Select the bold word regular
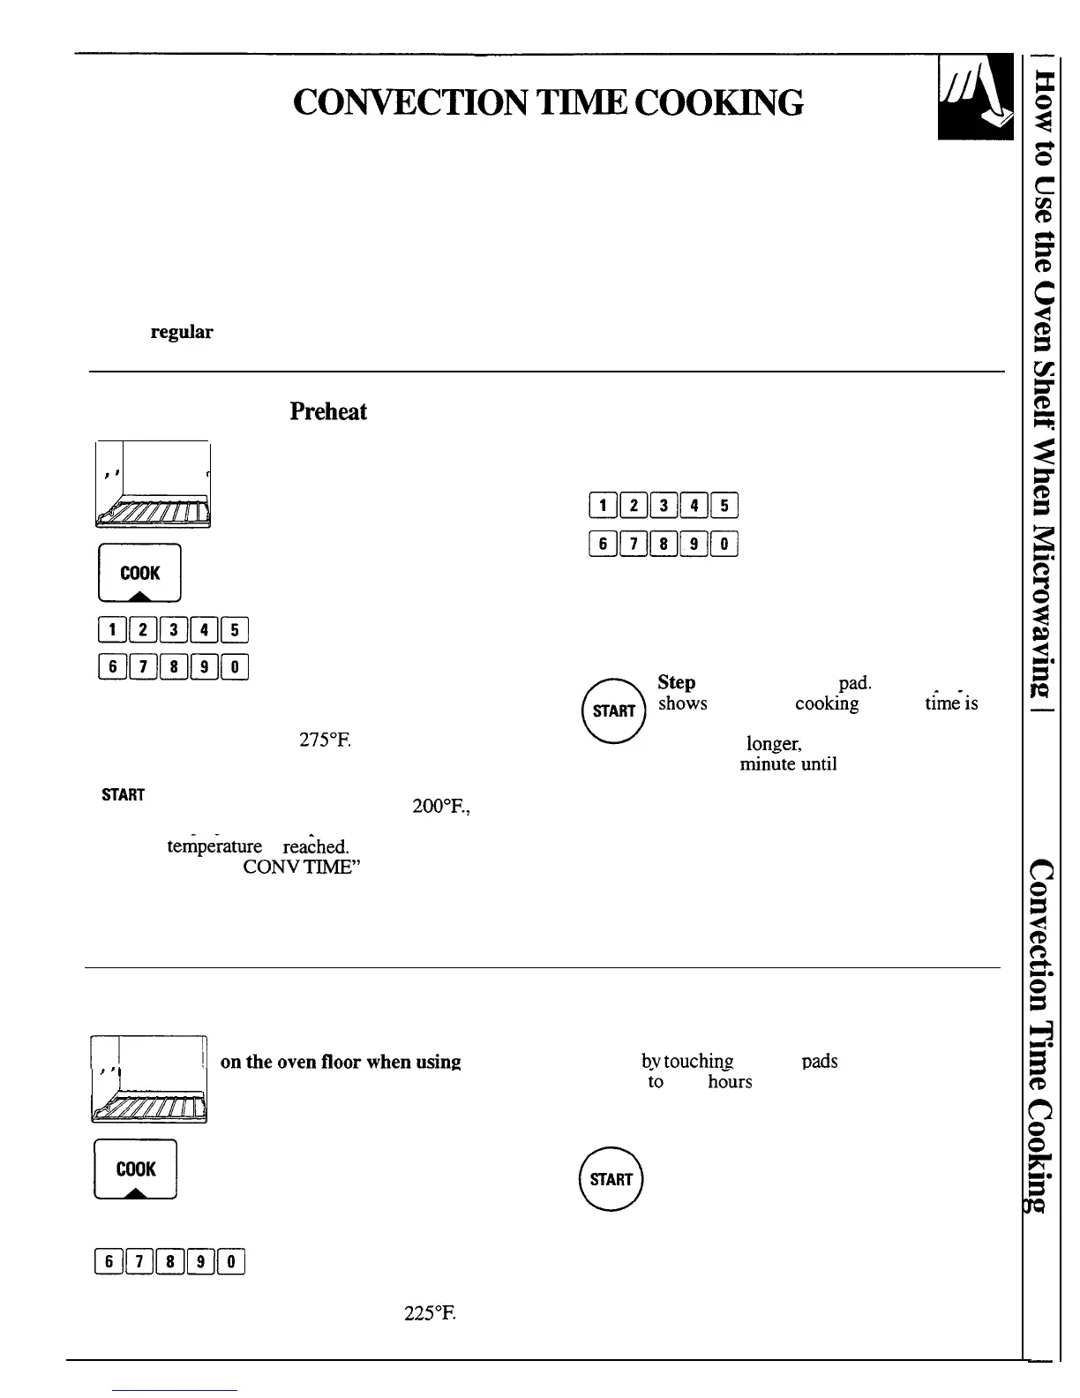[x=181, y=332]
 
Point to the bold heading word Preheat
[x=327, y=411]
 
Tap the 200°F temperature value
[x=440, y=805]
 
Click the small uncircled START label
[x=123, y=794]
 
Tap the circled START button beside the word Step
[x=614, y=710]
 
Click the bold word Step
[x=677, y=682]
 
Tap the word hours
[x=730, y=1082]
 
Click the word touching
[x=687, y=1062]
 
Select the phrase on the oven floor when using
[x=341, y=1062]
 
